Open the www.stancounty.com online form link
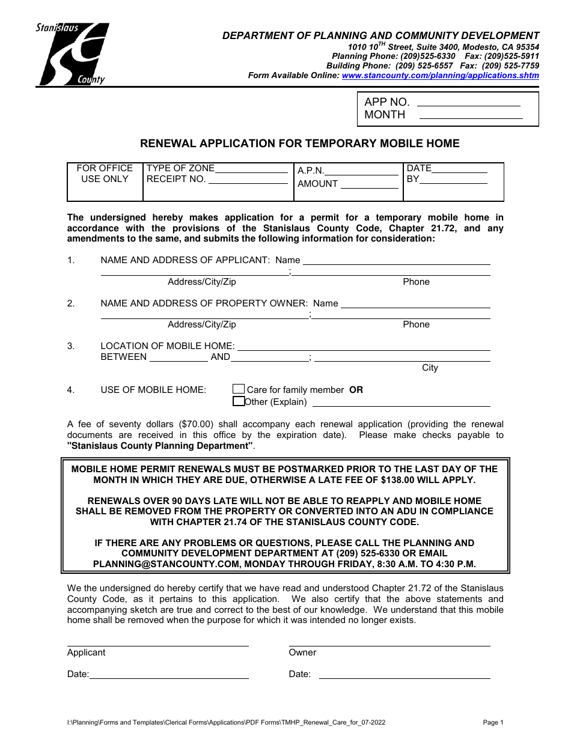tap(440, 76)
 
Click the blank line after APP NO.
tap(469, 103)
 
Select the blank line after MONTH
tap(471, 116)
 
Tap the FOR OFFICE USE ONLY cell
tap(105, 174)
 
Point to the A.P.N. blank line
tap(362, 172)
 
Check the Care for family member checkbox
tap(239, 389)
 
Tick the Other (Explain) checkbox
tap(239, 401)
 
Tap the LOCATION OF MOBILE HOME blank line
tap(364, 347)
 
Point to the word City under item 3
tap(430, 368)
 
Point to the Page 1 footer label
tap(493, 723)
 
